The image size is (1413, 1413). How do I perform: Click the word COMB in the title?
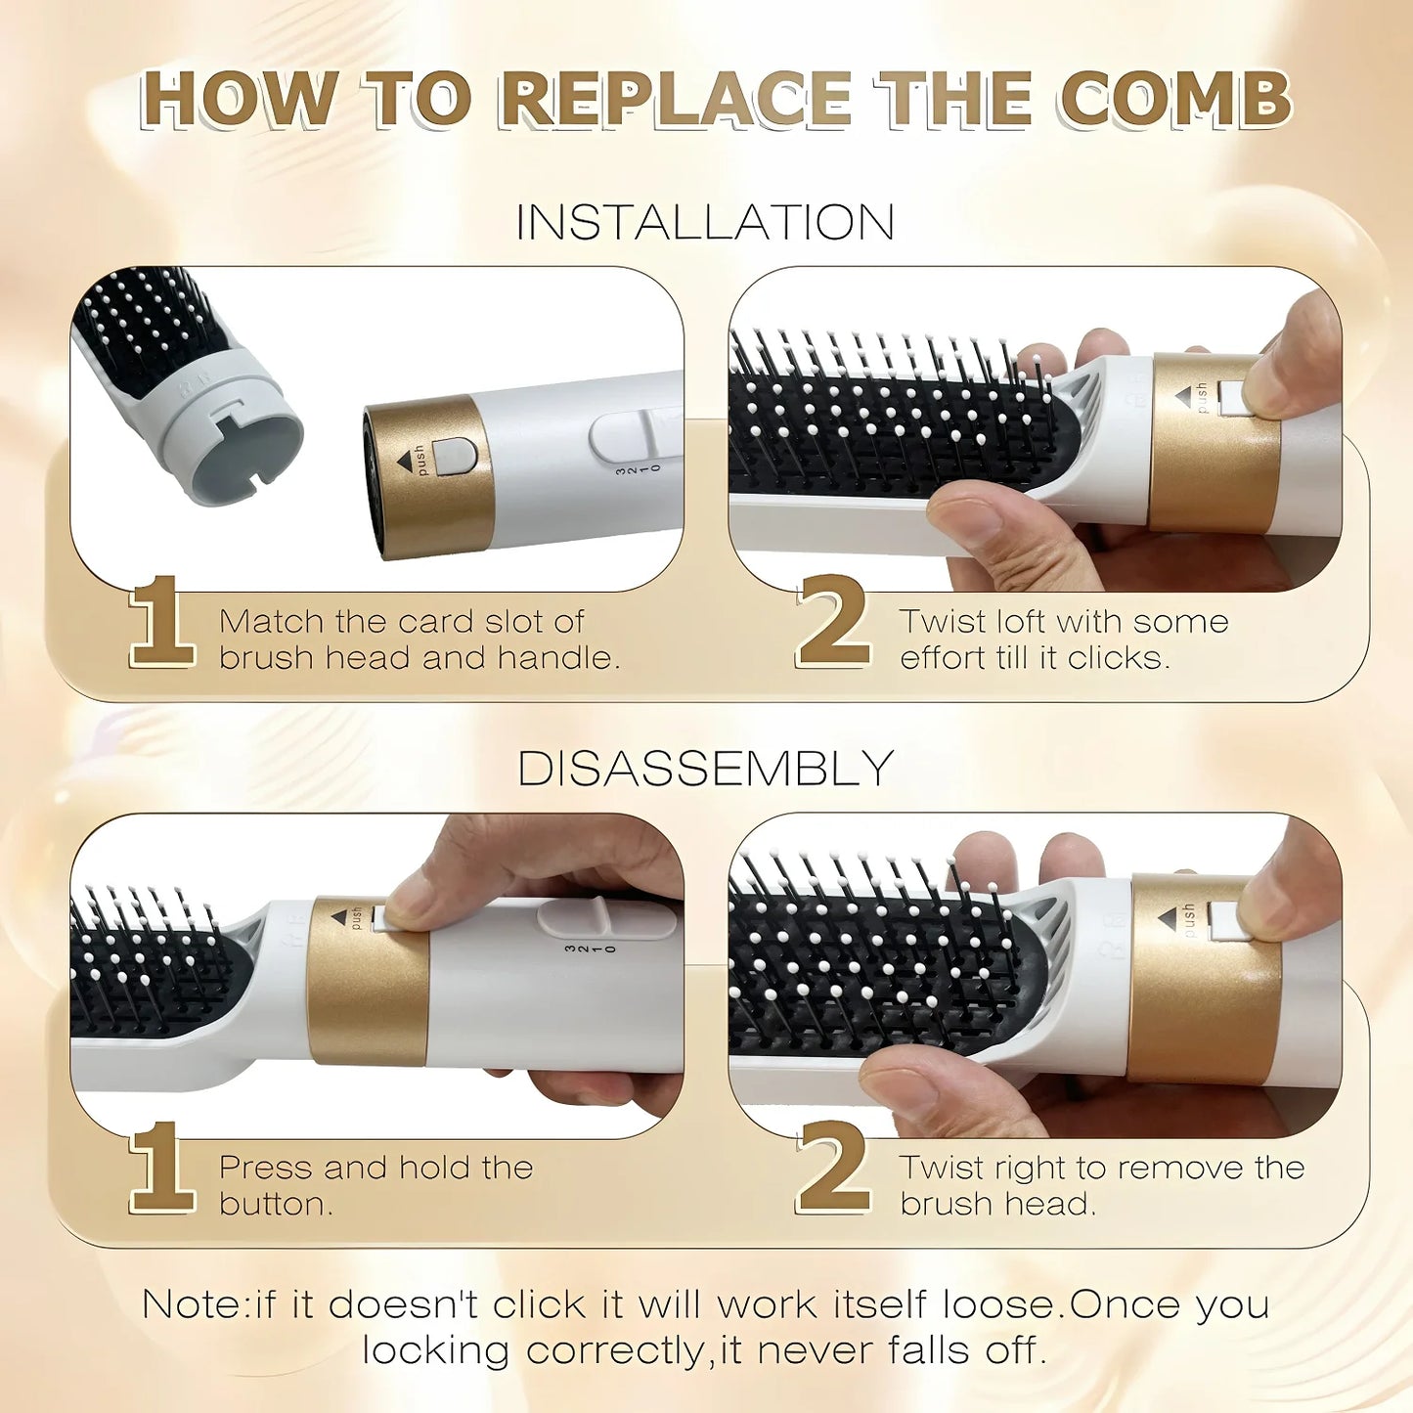click(x=1175, y=100)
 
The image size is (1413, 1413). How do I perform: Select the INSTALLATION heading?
click(x=705, y=223)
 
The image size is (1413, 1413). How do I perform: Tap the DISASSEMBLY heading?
click(x=705, y=769)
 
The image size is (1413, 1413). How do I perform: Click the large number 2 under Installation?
click(x=833, y=623)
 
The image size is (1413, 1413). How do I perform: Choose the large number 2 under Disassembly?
click(x=833, y=1169)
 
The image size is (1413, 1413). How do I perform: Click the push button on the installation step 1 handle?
click(x=454, y=457)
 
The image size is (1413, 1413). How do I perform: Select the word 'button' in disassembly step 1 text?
click(x=274, y=1204)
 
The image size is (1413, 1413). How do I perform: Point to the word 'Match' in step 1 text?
click(x=271, y=622)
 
